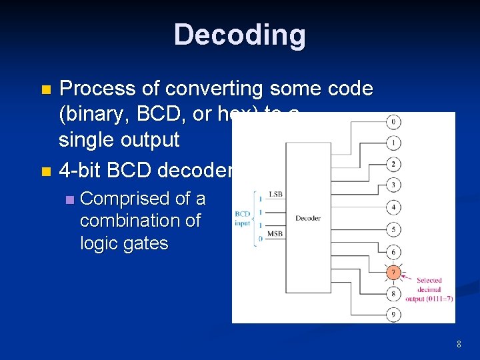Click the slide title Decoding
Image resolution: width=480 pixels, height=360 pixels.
[240, 35]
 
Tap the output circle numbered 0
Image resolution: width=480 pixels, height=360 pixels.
[394, 122]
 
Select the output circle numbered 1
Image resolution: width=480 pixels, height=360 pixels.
[394, 143]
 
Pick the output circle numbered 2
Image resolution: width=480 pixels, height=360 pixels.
[394, 164]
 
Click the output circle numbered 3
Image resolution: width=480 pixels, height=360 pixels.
[394, 185]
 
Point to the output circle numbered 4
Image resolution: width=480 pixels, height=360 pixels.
[394, 207]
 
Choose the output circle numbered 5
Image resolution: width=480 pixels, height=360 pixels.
[394, 230]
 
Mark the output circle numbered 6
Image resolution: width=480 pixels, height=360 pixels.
[394, 252]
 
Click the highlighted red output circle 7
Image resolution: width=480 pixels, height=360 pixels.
[394, 273]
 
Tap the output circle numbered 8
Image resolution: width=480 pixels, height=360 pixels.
[394, 293]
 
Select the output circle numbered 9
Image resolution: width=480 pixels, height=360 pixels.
[394, 314]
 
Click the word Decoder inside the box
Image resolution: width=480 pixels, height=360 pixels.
[308, 218]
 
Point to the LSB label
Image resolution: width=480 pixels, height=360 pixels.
[275, 194]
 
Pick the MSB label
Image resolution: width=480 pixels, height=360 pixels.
[275, 234]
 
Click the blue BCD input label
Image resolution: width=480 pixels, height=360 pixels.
[243, 219]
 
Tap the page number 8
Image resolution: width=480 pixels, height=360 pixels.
[459, 345]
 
